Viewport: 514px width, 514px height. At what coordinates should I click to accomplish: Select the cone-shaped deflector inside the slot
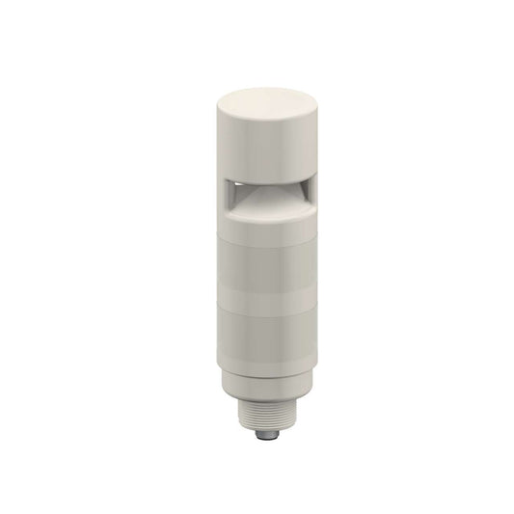click(x=257, y=197)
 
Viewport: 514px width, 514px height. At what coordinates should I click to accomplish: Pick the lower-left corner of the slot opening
click(x=222, y=210)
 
